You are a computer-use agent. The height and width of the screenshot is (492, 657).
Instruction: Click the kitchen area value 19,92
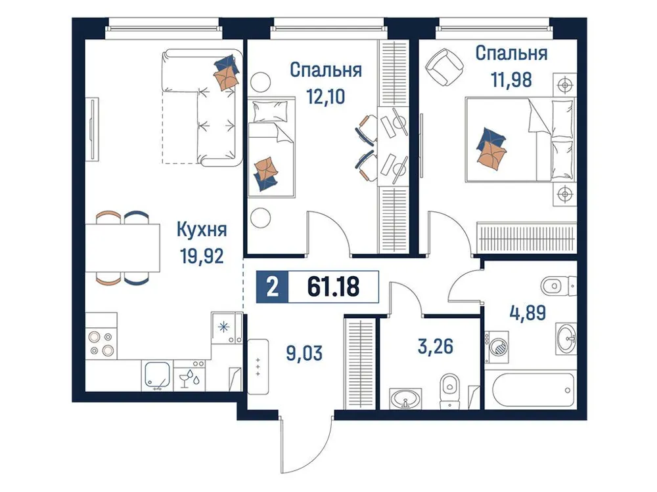click(x=202, y=255)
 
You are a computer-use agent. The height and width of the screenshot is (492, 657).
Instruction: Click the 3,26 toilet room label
click(x=435, y=345)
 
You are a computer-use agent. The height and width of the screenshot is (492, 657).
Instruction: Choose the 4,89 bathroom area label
click(x=527, y=311)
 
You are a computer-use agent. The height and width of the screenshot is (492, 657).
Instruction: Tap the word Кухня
click(x=202, y=230)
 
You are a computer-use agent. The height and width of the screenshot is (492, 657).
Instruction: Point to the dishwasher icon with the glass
click(x=191, y=377)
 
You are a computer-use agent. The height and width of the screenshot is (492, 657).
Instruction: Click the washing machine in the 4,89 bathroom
click(x=498, y=344)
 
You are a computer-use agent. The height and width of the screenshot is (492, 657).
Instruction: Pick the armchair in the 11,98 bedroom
click(x=442, y=66)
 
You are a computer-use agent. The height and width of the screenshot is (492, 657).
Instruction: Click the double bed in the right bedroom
click(x=519, y=139)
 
